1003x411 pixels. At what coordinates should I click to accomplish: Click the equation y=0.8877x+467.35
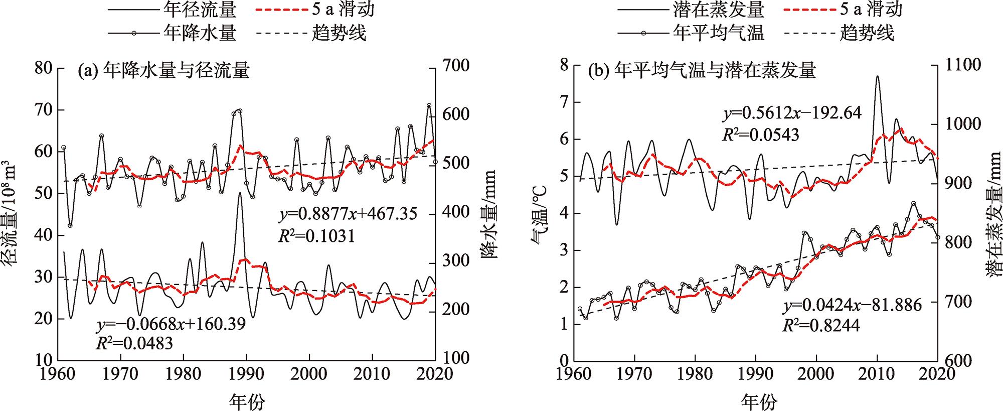pos(348,214)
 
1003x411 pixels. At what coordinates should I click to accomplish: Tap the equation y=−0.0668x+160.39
pos(171,324)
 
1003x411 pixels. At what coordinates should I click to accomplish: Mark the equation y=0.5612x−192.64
pos(792,113)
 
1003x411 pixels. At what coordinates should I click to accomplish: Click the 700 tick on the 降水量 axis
pos(454,66)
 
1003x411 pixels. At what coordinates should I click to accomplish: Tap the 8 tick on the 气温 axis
pos(565,65)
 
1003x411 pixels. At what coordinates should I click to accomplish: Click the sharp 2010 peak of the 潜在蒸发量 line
pos(877,77)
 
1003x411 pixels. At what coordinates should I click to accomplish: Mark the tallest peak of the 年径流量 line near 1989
pos(240,193)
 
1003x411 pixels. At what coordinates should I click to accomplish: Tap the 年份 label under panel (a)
pos(247,401)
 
